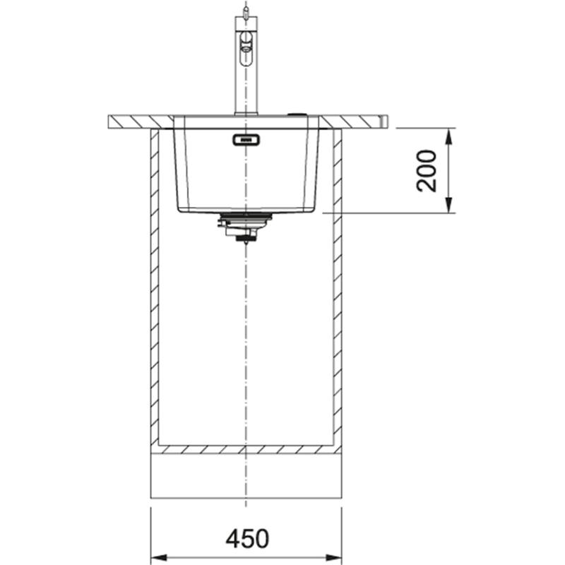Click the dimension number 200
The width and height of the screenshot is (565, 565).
(x=427, y=170)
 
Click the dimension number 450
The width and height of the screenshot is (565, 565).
(x=246, y=538)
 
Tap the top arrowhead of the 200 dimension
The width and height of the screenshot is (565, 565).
(x=450, y=134)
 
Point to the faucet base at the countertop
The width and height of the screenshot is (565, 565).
(x=246, y=113)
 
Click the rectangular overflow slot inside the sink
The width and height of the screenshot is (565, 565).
(x=246, y=140)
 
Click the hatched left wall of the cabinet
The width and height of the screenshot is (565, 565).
(x=154, y=282)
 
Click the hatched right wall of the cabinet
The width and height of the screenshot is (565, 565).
(x=338, y=282)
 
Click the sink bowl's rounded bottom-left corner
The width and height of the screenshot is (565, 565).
(x=179, y=208)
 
